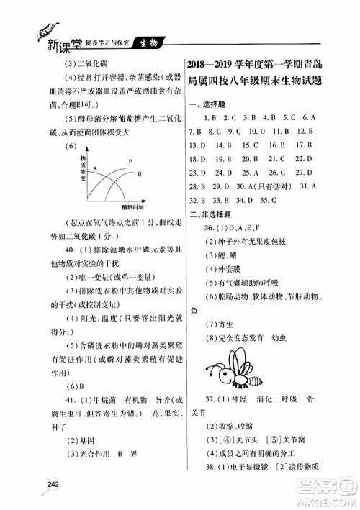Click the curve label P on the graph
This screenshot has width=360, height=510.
(130, 161)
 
